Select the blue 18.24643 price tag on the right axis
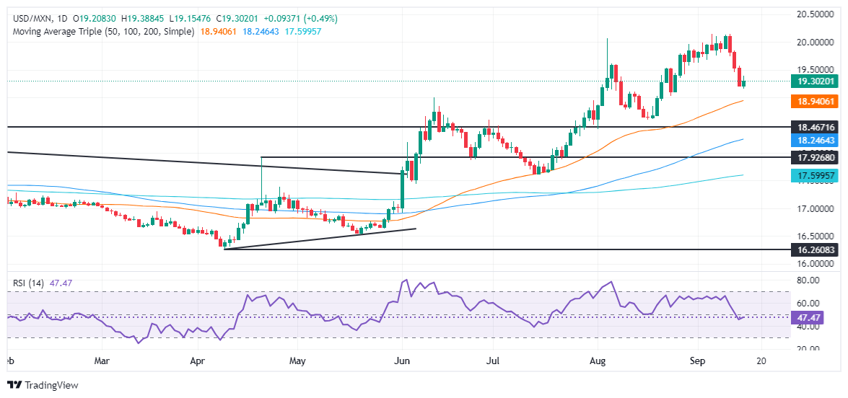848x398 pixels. tap(813, 140)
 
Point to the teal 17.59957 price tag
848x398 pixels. tap(813, 175)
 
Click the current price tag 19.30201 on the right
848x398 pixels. tap(813, 81)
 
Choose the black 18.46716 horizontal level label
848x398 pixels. tap(813, 127)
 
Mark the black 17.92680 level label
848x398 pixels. tap(813, 157)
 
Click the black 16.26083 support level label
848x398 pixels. tap(813, 249)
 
